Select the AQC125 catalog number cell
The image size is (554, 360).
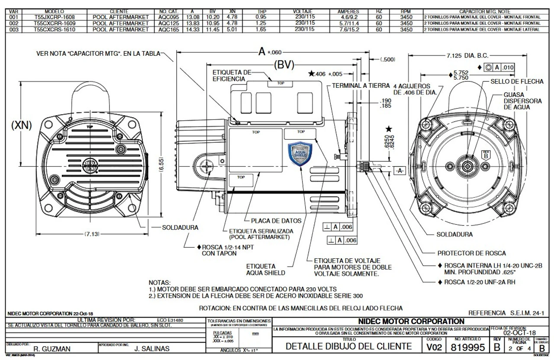click(x=167, y=23)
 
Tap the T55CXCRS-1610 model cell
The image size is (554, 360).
click(x=55, y=29)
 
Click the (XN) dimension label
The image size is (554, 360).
click(x=21, y=125)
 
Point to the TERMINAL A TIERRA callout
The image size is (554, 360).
click(x=361, y=86)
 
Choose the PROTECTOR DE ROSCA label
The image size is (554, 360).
click(x=471, y=253)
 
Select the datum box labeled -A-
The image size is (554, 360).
click(x=399, y=171)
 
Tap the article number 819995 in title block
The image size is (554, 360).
click(x=467, y=347)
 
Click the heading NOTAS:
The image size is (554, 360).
click(x=159, y=282)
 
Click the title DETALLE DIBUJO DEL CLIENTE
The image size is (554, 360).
click(x=348, y=346)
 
